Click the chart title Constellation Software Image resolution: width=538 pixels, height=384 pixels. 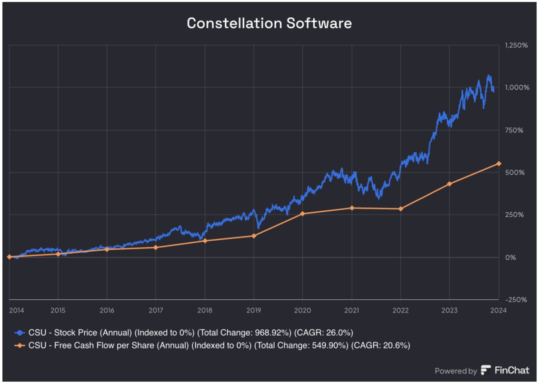point(269,23)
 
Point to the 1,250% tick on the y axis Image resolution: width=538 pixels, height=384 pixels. point(516,45)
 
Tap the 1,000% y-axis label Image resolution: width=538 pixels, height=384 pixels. point(516,88)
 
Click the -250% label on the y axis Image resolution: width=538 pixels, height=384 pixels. point(517,300)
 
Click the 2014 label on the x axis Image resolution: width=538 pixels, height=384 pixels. point(16,310)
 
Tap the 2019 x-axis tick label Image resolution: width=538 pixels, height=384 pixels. point(253,310)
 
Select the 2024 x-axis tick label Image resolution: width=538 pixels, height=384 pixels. point(498,310)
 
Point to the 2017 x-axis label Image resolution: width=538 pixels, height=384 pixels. point(156,310)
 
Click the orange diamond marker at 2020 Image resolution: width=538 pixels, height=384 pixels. point(302,214)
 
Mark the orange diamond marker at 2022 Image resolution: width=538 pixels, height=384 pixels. point(400,208)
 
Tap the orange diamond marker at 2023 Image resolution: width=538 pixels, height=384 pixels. point(449,184)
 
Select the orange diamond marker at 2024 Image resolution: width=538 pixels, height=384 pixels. point(498,163)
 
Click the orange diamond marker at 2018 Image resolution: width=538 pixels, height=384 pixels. point(205,241)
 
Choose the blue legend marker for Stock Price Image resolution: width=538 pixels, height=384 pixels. point(20,332)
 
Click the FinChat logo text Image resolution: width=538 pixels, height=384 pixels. point(512,371)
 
